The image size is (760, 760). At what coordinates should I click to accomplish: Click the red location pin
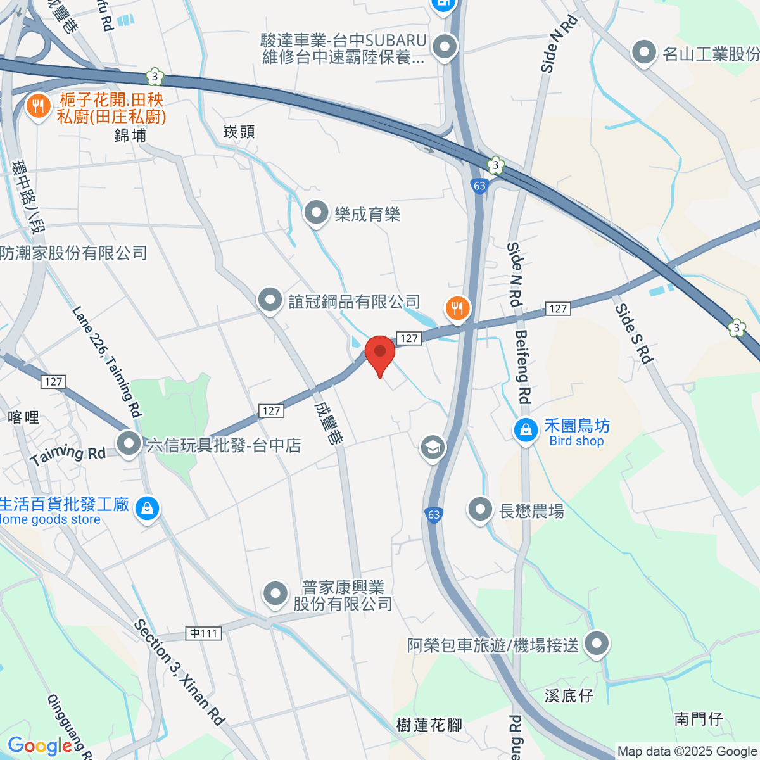click(380, 353)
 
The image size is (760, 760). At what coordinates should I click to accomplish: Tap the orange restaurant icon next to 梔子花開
click(39, 106)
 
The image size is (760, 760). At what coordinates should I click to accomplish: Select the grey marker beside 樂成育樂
click(316, 213)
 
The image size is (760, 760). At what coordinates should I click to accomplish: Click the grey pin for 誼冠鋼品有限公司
click(270, 300)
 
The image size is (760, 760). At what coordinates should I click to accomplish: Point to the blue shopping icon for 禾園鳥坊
click(526, 431)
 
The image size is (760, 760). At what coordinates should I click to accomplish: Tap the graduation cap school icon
click(433, 447)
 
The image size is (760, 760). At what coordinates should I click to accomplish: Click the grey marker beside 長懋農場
click(480, 509)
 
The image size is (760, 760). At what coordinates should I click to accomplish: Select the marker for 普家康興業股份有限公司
click(275, 594)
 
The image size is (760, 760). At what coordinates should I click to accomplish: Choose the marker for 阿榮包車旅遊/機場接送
click(596, 644)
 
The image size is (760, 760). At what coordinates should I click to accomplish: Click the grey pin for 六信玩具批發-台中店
click(129, 443)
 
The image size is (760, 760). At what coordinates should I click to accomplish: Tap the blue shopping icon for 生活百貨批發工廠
click(147, 508)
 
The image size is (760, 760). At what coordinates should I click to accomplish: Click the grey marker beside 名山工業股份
click(644, 53)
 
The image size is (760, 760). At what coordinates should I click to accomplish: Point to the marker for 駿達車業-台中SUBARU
click(445, 47)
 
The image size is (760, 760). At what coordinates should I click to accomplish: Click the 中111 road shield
click(204, 633)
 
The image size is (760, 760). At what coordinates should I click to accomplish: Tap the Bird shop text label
click(576, 441)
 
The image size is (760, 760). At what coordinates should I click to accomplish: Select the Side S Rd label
click(634, 334)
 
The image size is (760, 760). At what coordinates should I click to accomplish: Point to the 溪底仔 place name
click(569, 695)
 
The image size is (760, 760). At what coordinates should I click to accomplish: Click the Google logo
click(39, 746)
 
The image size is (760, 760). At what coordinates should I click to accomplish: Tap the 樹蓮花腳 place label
click(429, 725)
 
